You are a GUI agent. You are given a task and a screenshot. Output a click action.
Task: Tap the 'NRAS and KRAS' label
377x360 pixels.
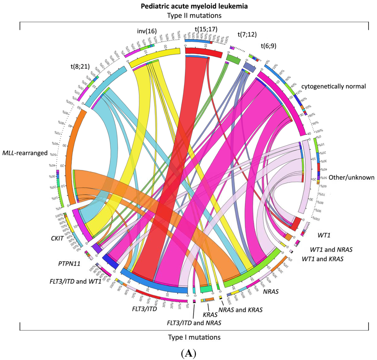tap(240, 310)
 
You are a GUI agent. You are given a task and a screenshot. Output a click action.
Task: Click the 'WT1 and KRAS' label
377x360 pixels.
tap(323, 259)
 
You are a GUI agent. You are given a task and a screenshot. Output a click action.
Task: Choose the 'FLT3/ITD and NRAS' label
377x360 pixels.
tap(194, 323)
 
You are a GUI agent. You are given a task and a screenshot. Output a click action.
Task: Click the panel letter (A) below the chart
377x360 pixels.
tap(189, 353)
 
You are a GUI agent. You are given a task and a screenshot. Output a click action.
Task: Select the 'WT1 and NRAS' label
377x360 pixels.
tap(326, 249)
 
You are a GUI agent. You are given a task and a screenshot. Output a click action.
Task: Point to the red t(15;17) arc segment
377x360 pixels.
tap(203, 53)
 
